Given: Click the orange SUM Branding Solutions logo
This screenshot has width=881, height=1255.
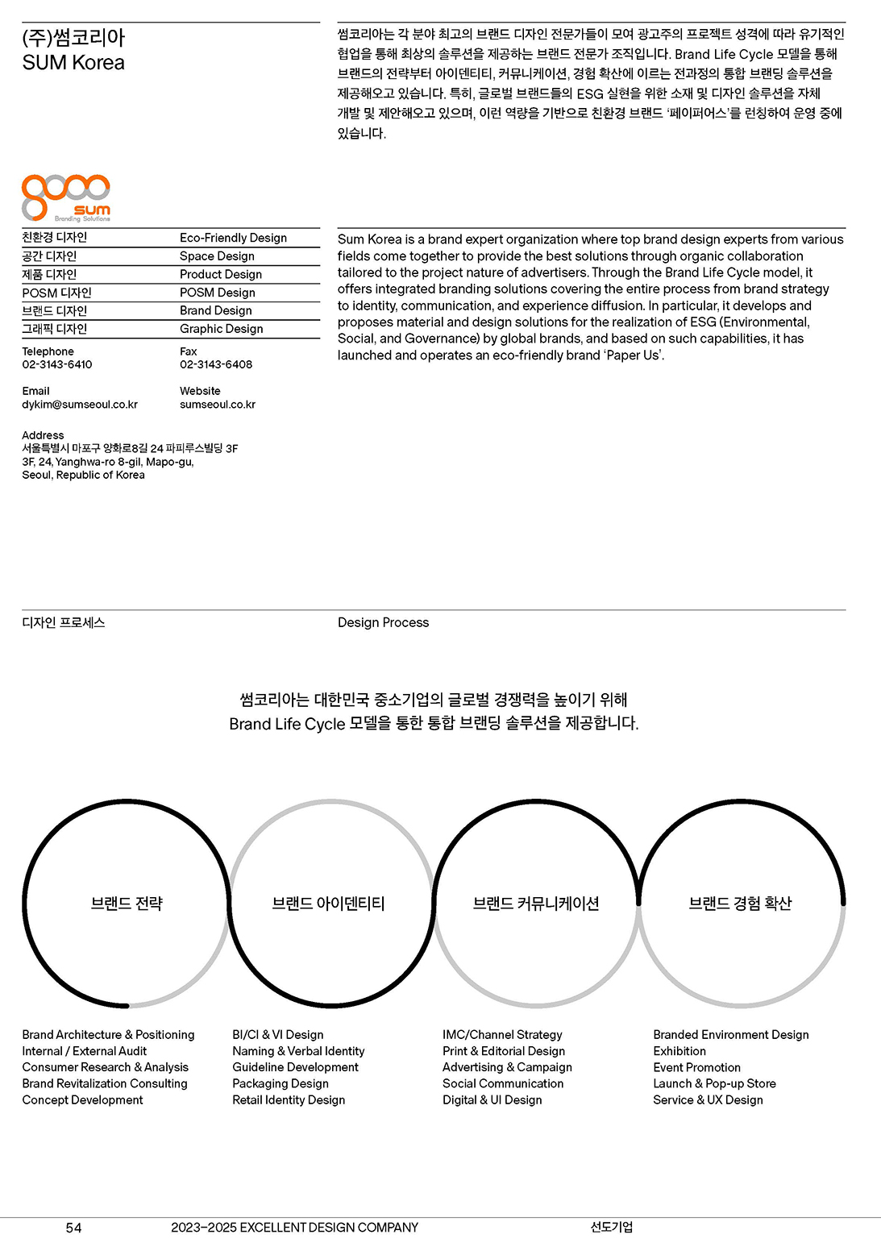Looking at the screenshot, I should tap(66, 197).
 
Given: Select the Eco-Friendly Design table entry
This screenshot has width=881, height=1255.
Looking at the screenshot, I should tap(233, 238).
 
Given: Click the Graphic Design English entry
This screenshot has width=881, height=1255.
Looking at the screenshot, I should tap(221, 329).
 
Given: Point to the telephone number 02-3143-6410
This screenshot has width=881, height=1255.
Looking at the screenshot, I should tap(57, 364).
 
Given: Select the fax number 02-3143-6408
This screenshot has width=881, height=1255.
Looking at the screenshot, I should tap(215, 364).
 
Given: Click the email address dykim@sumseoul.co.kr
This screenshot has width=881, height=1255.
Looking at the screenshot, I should tap(80, 405).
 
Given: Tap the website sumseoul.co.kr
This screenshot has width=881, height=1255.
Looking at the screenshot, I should tap(217, 405).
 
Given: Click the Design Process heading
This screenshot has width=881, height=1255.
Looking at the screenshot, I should tap(383, 622).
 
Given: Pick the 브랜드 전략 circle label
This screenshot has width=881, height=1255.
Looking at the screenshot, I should tap(127, 904).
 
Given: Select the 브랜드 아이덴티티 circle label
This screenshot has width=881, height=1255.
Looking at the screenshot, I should tap(328, 904).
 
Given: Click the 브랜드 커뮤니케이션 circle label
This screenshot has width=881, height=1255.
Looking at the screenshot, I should tap(536, 904).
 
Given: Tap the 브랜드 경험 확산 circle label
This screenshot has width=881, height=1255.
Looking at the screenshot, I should tap(740, 904).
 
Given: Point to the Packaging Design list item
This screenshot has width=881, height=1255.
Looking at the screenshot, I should tap(281, 1083).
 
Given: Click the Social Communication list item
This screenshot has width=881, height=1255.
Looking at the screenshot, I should tap(503, 1083).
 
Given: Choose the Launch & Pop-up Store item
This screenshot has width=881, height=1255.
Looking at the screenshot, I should tap(714, 1083).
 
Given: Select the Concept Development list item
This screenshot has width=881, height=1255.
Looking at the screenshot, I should tap(82, 1100).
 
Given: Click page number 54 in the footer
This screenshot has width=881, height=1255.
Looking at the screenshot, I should tap(73, 1228).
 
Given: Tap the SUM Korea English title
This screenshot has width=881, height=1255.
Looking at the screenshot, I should tap(73, 63).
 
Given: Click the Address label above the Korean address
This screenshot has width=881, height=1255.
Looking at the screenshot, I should tap(43, 435).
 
